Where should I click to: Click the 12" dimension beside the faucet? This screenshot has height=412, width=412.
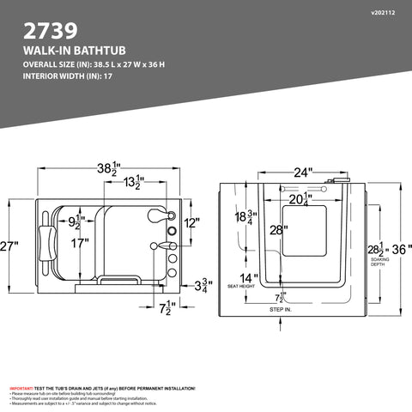click(190, 223)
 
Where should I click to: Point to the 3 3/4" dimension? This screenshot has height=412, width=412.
click(203, 286)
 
